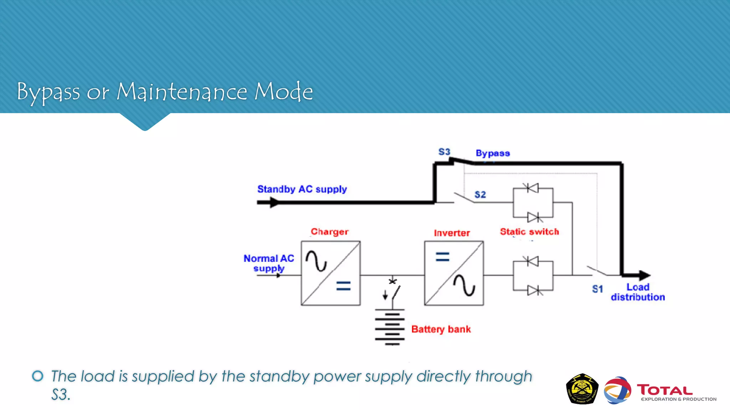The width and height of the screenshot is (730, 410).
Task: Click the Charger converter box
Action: pyautogui.click(x=330, y=273)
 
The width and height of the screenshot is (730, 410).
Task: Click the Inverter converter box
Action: pyautogui.click(x=454, y=273)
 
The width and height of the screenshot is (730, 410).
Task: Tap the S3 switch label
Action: pyautogui.click(x=444, y=152)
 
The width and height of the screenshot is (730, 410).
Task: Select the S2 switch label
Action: pyautogui.click(x=480, y=195)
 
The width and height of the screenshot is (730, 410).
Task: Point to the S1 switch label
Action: pyautogui.click(x=597, y=289)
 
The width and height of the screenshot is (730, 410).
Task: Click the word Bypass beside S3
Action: pyautogui.click(x=493, y=153)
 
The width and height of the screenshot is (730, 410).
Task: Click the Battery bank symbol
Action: pyautogui.click(x=390, y=327)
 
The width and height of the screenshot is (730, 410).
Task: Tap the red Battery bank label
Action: pyautogui.click(x=441, y=329)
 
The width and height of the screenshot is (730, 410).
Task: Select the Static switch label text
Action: pyautogui.click(x=529, y=232)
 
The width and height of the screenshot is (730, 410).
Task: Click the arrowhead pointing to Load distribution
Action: pyautogui.click(x=644, y=275)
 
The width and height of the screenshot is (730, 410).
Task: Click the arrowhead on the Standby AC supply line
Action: pyautogui.click(x=274, y=203)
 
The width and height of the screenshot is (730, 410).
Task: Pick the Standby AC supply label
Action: pyautogui.click(x=302, y=189)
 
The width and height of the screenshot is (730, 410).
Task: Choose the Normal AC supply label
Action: pyautogui.click(x=269, y=263)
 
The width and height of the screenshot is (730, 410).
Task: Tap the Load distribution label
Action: pyautogui.click(x=638, y=292)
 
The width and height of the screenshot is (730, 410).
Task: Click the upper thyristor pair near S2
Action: pyautogui.click(x=533, y=203)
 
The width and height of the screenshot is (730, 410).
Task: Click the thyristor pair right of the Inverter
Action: pyautogui.click(x=533, y=276)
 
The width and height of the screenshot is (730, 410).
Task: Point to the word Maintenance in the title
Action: pyautogui.click(x=182, y=92)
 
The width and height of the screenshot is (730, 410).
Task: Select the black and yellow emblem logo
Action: pyautogui.click(x=582, y=389)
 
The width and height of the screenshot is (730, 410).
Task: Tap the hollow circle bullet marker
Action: pyautogui.click(x=38, y=376)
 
